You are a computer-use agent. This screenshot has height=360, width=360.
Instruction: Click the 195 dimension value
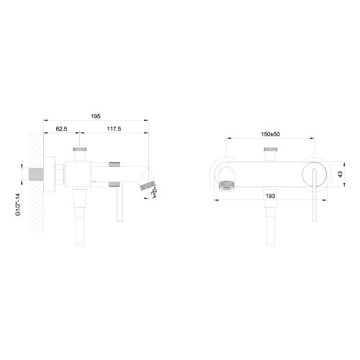click(x=96, y=117)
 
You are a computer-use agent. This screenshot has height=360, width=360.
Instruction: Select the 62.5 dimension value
click(x=61, y=129)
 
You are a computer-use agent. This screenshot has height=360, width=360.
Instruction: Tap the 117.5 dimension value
click(x=114, y=129)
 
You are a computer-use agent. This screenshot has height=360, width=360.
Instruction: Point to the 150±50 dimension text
click(x=271, y=134)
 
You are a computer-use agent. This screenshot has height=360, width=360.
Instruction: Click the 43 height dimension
click(x=341, y=174)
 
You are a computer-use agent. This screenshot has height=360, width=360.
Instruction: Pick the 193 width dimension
click(x=271, y=196)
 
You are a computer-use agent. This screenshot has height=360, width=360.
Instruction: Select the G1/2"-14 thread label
click(x=18, y=204)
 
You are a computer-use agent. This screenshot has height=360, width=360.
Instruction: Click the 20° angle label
click(x=154, y=192)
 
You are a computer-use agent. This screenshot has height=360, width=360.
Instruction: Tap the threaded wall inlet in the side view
click(x=36, y=174)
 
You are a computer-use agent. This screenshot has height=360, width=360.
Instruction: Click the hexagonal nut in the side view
click(x=59, y=174)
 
